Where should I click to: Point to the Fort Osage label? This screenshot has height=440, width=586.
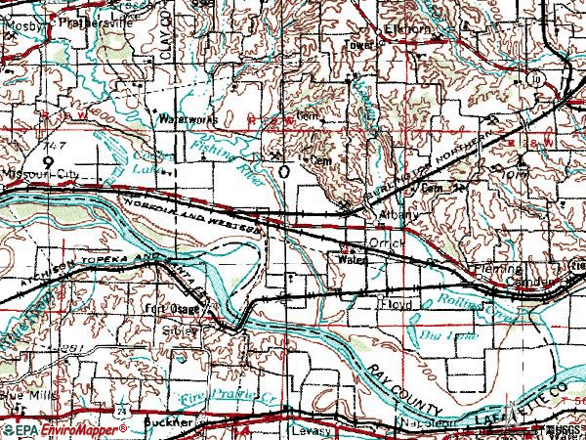coord(163,311)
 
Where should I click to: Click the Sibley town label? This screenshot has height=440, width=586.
coord(185,330)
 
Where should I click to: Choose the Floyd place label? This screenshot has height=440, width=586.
coord(398,305)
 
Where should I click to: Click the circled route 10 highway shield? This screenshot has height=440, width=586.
coord(535,76)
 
